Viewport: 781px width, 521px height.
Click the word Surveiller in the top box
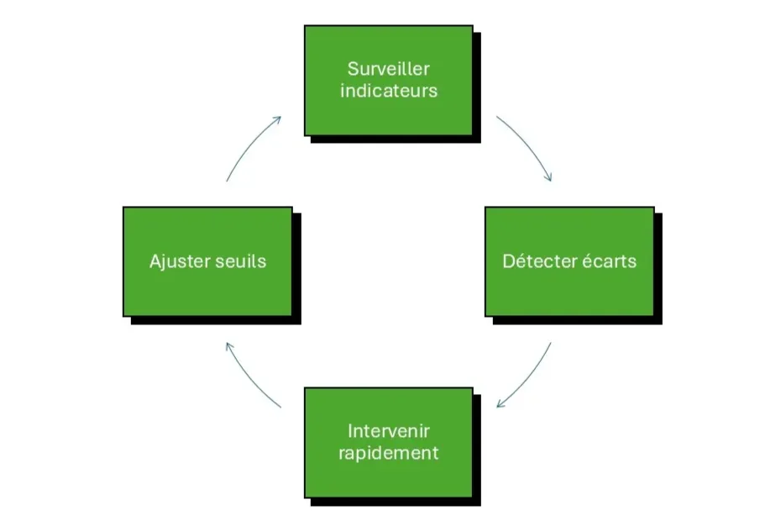[x=389, y=69]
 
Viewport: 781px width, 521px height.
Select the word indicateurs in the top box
[x=389, y=91]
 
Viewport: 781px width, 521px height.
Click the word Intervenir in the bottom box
[x=389, y=431]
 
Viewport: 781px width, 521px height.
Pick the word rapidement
[x=389, y=453]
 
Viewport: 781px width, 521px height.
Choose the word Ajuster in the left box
[x=177, y=261]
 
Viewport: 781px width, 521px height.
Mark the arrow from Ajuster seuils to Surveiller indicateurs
[x=250, y=147]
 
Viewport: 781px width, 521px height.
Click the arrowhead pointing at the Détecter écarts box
[x=549, y=177]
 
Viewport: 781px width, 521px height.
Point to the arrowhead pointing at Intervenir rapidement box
[x=501, y=404]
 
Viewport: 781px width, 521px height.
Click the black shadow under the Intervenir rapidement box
[x=395, y=501]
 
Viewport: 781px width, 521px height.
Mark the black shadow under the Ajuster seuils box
[x=214, y=320]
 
